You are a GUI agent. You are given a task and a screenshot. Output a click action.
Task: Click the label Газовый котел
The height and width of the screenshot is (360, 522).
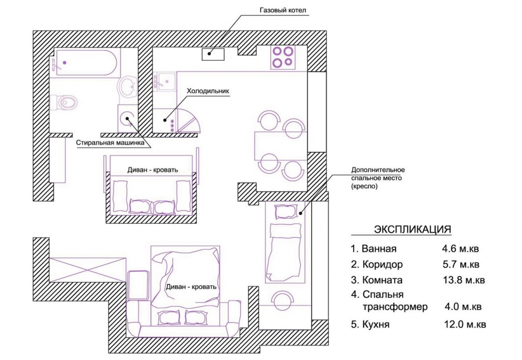pyautogui.click(x=282, y=10)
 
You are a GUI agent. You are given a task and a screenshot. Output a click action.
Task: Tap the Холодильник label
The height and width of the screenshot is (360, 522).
pyautogui.click(x=208, y=91)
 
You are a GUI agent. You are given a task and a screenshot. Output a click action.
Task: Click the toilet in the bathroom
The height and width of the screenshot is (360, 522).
pyautogui.click(x=64, y=102)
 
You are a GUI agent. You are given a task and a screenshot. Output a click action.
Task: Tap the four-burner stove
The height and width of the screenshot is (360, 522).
pyautogui.click(x=283, y=57)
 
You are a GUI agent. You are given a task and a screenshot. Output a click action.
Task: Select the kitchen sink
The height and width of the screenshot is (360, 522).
pyautogui.click(x=165, y=82)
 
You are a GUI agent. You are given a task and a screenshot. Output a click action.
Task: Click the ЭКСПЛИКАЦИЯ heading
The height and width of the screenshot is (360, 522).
pyautogui.click(x=412, y=229)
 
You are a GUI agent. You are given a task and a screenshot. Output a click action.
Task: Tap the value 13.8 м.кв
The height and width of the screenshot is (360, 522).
pyautogui.click(x=464, y=280)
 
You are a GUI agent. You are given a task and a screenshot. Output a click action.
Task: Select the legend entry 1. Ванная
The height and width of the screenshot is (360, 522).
pyautogui.click(x=373, y=249)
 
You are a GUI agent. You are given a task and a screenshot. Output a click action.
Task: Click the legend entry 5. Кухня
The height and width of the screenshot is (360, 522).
pyautogui.click(x=370, y=324)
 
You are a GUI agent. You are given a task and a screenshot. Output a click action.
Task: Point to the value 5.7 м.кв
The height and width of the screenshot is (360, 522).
pyautogui.click(x=461, y=264)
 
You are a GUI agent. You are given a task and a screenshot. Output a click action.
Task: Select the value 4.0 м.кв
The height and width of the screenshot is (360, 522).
pyautogui.click(x=463, y=306)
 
